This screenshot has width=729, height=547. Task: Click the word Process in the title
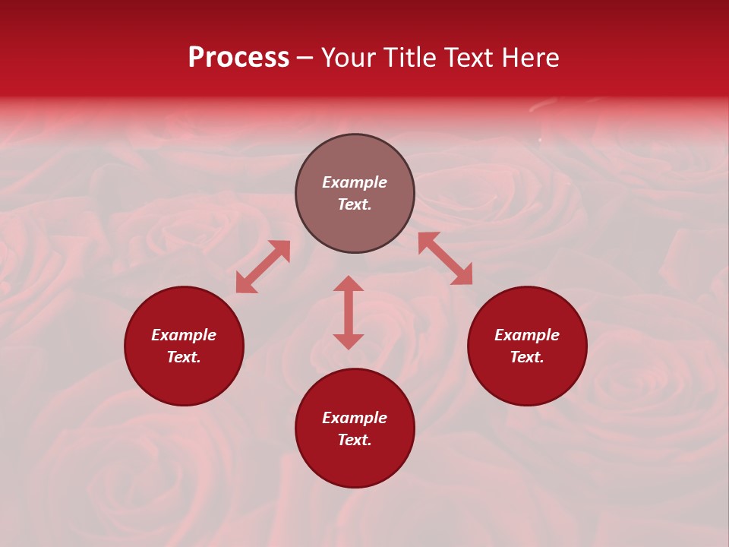[x=238, y=58]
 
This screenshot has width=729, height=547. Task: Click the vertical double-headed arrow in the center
[x=349, y=312]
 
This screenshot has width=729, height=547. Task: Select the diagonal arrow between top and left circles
[x=263, y=267]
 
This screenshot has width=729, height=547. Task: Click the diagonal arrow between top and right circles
[x=445, y=258]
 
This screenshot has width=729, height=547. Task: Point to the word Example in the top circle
[x=355, y=182]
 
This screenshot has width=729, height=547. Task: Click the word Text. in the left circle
[x=184, y=357]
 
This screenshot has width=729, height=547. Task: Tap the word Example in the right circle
[x=527, y=335]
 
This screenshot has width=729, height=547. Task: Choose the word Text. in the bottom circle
[x=355, y=440]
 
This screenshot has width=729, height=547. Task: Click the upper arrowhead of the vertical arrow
[x=349, y=284]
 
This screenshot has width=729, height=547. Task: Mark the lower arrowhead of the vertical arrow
[x=349, y=341]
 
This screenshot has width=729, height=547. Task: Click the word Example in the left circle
[x=184, y=335]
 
